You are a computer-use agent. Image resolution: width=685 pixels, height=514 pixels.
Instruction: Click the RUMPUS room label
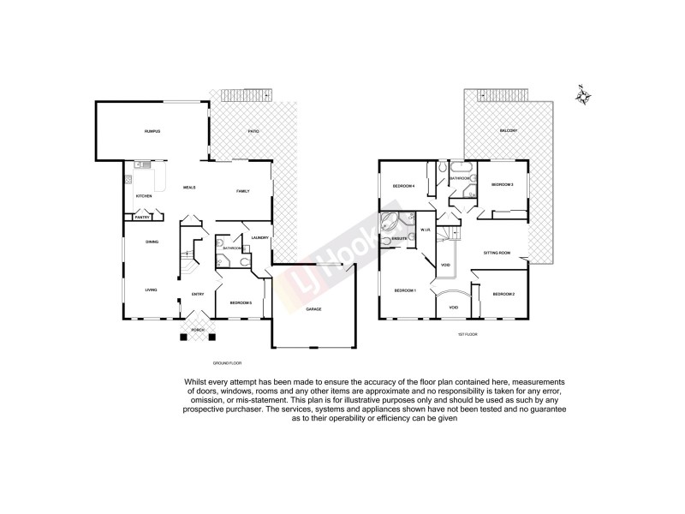152,131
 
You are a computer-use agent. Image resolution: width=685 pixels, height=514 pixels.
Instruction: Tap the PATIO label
253,131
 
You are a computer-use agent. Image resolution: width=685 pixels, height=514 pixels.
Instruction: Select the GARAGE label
314,308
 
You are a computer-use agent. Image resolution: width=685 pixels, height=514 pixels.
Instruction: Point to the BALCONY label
509,131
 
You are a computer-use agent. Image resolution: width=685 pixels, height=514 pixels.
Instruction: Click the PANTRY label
140,218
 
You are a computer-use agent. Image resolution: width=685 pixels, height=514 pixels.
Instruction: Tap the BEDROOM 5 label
241,302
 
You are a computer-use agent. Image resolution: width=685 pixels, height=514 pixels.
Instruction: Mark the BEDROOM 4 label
404,186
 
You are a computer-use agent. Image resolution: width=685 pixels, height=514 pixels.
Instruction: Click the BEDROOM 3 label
502,184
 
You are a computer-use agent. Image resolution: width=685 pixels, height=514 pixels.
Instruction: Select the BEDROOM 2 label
503,294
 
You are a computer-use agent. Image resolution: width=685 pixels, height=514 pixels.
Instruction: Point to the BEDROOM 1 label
405,291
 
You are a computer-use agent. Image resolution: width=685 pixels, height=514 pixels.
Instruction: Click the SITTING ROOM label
497,253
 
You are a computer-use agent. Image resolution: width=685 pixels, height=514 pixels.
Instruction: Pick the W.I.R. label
426,230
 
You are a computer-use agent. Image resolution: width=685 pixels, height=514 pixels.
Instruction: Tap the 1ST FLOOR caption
467,333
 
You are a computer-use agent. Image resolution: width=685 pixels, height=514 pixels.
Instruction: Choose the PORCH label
197,330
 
